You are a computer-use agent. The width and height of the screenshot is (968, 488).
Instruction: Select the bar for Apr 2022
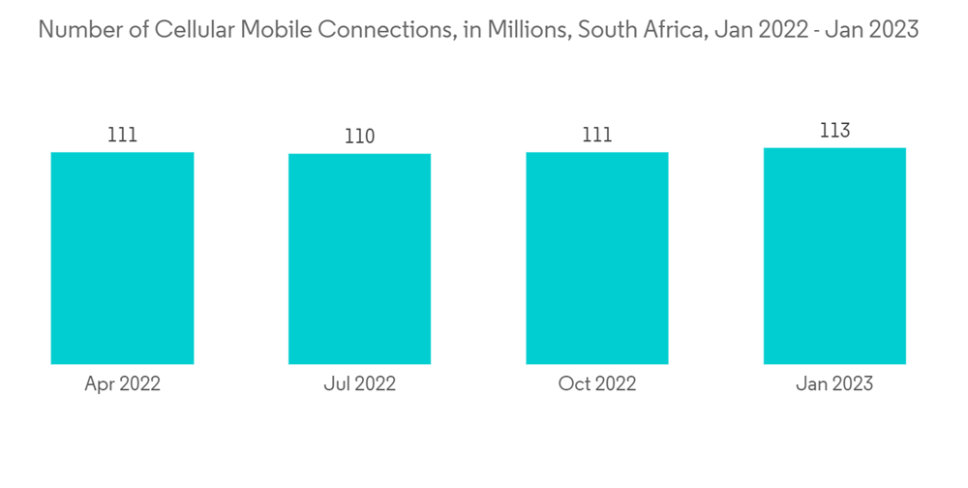point(122,258)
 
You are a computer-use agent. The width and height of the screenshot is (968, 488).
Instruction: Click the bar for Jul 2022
point(359,259)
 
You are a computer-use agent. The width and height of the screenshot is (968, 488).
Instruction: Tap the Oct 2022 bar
point(597,258)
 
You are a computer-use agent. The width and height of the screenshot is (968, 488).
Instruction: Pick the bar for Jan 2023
point(834,256)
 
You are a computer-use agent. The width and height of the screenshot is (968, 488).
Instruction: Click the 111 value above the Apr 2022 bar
point(122,135)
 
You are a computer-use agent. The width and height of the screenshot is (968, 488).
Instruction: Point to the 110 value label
point(359,137)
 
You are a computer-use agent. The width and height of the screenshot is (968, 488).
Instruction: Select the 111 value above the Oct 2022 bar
point(597,135)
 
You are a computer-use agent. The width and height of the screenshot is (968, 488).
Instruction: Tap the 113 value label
point(834,131)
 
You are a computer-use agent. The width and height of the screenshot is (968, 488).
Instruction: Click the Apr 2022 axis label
point(122,384)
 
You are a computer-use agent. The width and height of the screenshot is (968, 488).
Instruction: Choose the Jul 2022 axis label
point(359,384)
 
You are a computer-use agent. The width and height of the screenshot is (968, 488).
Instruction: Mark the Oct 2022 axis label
point(597,384)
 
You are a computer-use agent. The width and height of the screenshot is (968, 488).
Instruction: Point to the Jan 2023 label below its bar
point(834,384)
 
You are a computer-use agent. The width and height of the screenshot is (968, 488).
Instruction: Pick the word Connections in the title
point(396,29)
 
